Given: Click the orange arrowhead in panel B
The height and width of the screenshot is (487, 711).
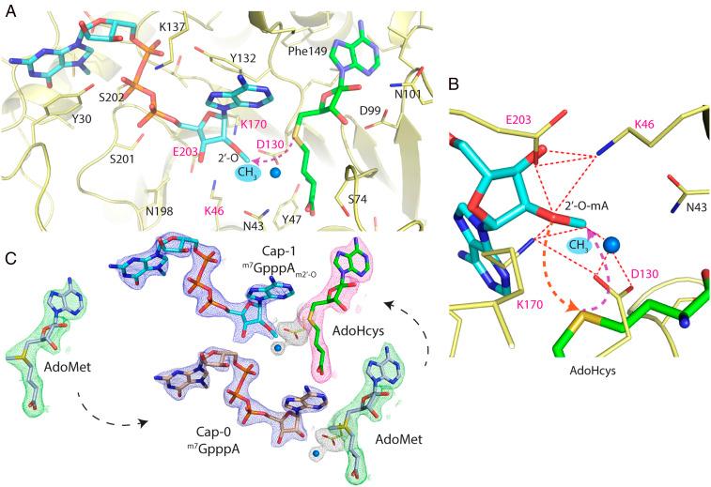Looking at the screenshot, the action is pos(585,306).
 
